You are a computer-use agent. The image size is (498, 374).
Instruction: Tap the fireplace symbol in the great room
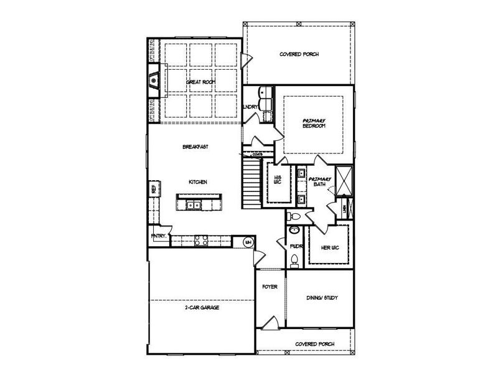coord(154,80)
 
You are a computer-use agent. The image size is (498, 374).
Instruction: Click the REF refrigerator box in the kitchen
coord(152,186)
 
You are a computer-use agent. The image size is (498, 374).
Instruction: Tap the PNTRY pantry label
coord(158,236)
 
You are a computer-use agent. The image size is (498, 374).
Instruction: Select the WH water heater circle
coord(247,242)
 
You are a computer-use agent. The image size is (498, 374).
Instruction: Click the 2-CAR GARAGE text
coord(201,307)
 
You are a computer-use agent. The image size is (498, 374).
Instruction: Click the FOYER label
coord(270,287)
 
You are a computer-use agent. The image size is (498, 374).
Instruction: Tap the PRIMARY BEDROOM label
coord(314,123)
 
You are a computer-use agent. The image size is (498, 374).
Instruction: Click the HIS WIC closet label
coord(278,180)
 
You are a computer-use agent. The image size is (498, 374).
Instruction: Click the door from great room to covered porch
coord(247,60)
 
